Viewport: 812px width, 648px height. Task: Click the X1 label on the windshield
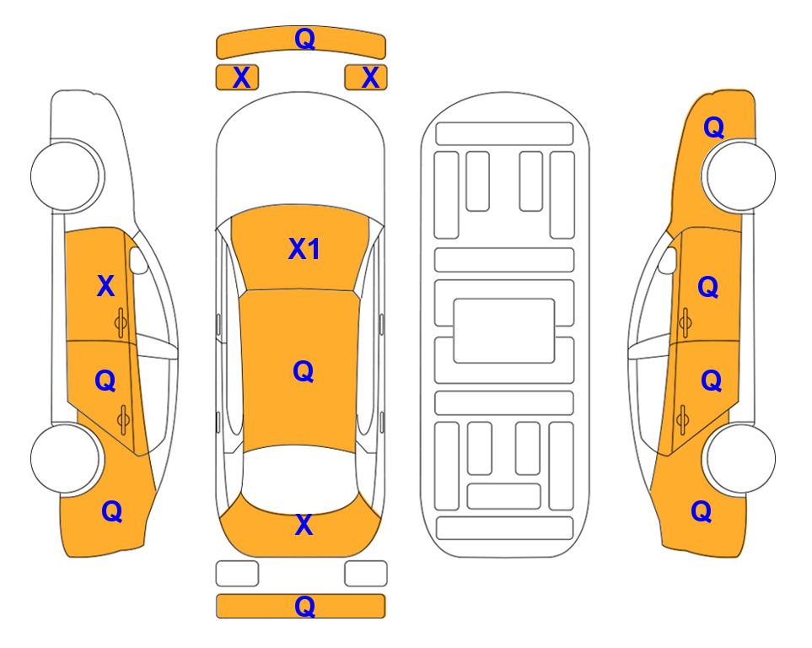[x=304, y=249]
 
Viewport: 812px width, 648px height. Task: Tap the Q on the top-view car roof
[x=304, y=372]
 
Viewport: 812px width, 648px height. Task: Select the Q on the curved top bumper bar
[x=304, y=39]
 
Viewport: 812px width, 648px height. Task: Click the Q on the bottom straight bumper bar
[x=304, y=606]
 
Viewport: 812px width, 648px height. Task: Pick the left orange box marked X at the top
[x=237, y=78]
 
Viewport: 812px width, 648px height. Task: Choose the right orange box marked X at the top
[x=366, y=78]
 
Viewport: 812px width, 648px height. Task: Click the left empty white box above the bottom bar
[x=237, y=574]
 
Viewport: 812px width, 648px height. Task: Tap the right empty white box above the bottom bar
[x=366, y=574]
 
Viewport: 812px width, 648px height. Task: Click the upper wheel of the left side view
[x=66, y=175]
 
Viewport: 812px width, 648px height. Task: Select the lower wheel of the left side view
[x=66, y=459]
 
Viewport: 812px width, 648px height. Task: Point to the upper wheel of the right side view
[x=740, y=175]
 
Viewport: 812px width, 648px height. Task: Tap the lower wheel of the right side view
[x=740, y=459]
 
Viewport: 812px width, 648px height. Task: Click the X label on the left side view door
[x=105, y=286]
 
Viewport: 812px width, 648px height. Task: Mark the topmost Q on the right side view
[x=713, y=127]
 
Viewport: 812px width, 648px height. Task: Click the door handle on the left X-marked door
[x=121, y=323]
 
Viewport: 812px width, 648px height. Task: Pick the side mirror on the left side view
[x=138, y=260]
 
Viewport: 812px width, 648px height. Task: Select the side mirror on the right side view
[x=668, y=260]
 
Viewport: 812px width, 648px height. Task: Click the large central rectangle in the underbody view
[x=504, y=331]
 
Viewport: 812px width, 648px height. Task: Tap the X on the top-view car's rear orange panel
[x=304, y=525]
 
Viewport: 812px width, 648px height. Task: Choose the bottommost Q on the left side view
[x=112, y=511]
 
